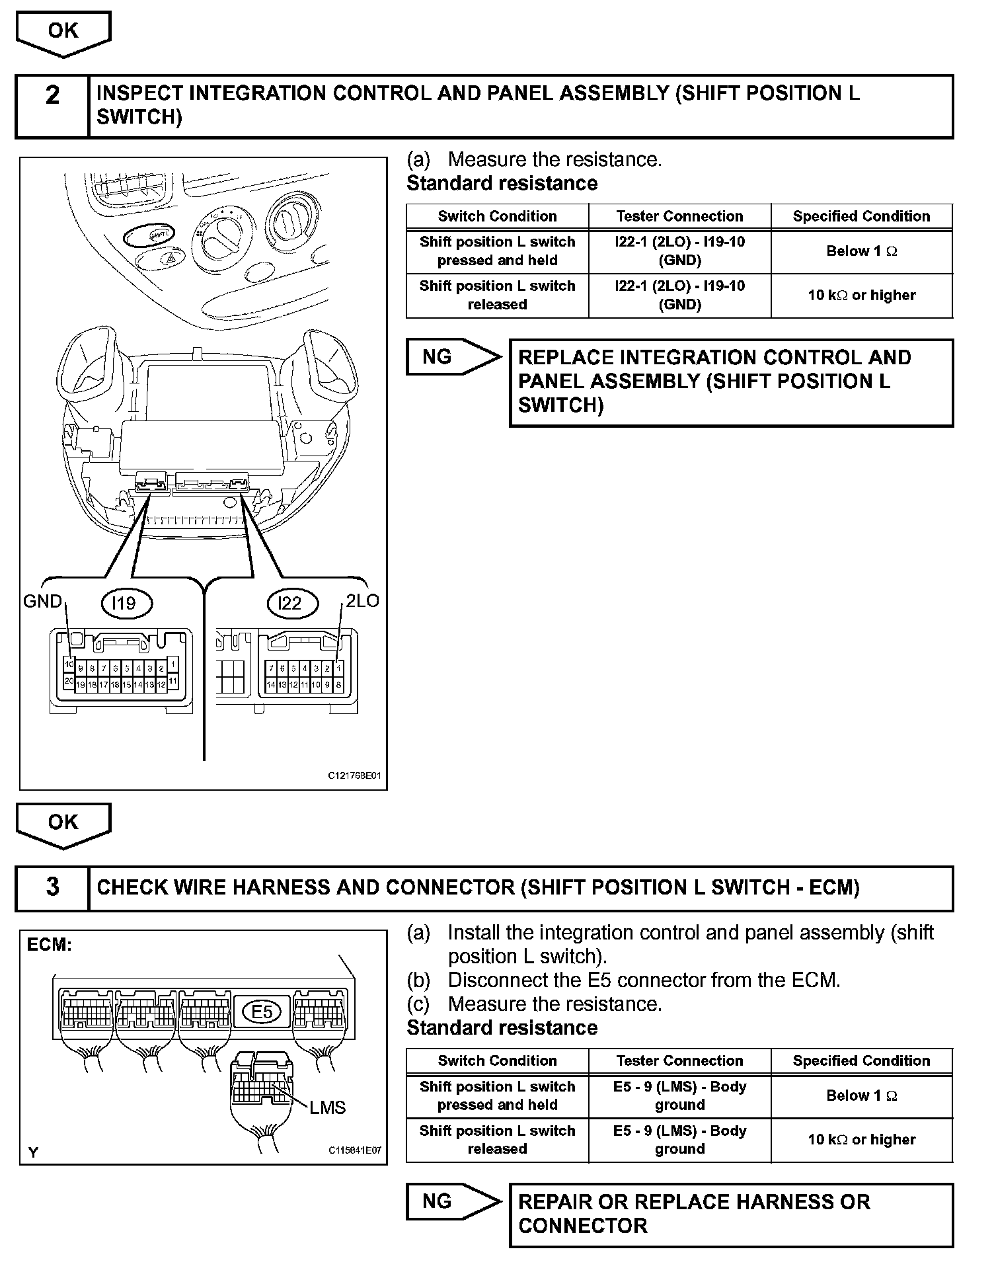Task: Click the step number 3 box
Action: coord(52,888)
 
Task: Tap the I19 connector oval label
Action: coord(126,603)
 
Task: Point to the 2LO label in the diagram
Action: coord(362,601)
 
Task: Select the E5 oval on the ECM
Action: coord(262,1012)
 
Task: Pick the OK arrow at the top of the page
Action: coord(63,32)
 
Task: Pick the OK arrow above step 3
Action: coord(63,824)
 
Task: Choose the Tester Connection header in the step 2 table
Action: coord(679,216)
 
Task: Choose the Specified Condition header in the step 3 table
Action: coord(861,1060)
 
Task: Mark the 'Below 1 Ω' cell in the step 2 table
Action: coord(861,251)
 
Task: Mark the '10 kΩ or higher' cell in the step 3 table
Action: coord(861,1140)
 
